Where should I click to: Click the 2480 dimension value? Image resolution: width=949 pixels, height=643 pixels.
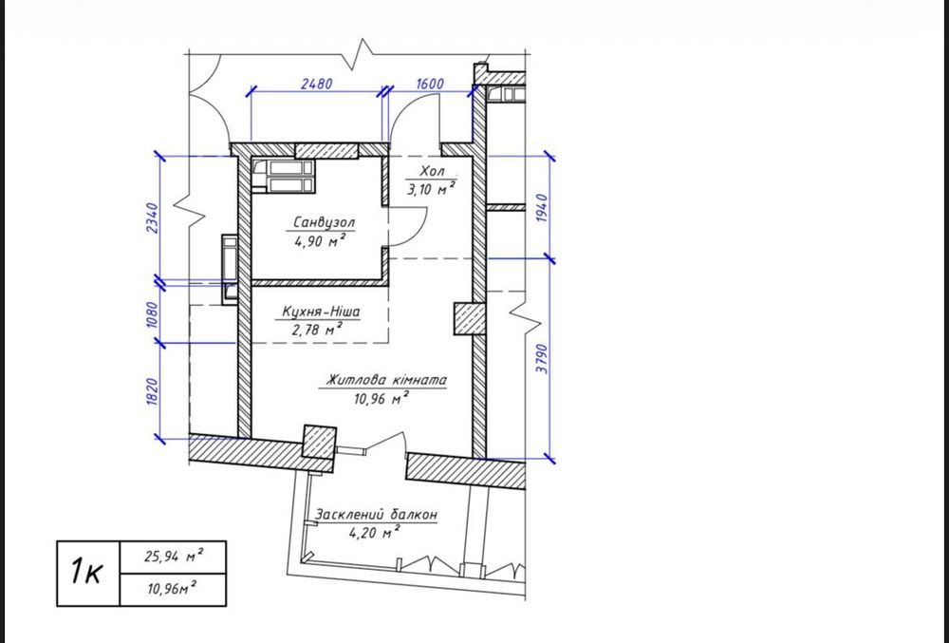coord(317,84)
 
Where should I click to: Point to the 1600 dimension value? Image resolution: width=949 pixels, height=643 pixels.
coord(430,84)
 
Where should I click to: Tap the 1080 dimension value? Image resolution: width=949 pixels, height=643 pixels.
coord(152,314)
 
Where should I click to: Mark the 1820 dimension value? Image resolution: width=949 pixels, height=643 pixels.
coord(152,391)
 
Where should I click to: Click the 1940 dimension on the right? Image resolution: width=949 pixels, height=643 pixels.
coord(542,208)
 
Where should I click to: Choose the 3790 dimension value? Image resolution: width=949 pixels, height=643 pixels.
coord(542,358)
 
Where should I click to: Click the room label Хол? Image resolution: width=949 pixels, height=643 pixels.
coord(432,171)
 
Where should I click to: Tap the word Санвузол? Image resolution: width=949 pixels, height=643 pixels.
coord(324,222)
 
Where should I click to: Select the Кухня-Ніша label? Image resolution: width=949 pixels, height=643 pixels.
coord(322,312)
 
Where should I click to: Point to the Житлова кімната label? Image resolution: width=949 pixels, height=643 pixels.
coord(387,380)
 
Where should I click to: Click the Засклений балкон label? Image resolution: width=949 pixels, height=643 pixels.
coord(376,515)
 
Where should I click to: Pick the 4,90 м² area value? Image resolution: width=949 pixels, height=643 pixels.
coord(320,241)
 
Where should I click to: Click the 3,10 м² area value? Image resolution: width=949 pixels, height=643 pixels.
coord(431,189)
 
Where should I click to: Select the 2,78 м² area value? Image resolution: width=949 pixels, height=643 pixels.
coord(318,330)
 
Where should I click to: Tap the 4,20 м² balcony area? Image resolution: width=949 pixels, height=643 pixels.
coord(375,533)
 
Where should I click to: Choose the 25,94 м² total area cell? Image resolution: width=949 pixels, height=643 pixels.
coord(173,557)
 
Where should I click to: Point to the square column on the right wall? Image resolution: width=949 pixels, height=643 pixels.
coord(471,318)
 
